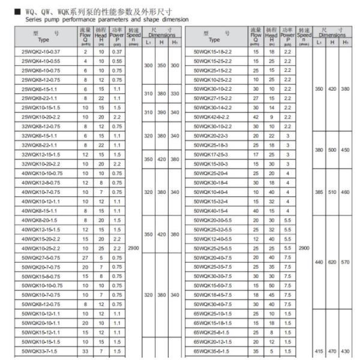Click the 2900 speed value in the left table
[134, 247]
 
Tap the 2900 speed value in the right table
[305, 247]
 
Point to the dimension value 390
[161, 112]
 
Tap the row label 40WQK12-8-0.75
[39, 183]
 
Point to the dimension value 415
[319, 350]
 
